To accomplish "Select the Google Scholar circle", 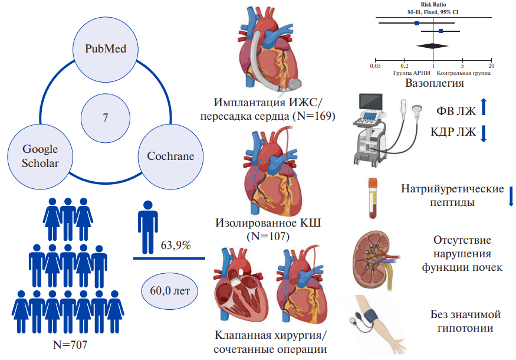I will tap(41, 156).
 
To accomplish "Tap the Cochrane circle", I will tap(170, 156).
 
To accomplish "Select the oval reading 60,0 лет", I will tap(170, 290).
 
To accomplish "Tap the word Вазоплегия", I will tap(434, 83).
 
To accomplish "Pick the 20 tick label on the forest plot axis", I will tap(491, 66).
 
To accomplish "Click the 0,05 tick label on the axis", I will tap(375, 66).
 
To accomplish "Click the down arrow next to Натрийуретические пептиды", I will tap(511, 195).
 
